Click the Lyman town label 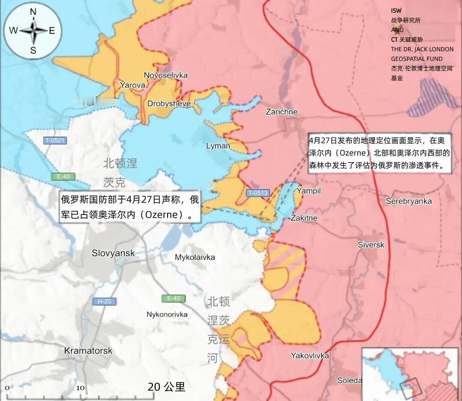tap(218, 146)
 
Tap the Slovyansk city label tap(113, 253)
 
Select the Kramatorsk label tap(88, 350)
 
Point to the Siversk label tap(371, 245)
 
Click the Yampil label tap(309, 191)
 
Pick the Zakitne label tap(304, 218)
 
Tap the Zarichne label tap(282, 112)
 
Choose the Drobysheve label tap(169, 104)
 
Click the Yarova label tap(133, 85)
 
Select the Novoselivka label tap(166, 75)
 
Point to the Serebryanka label tap(409, 201)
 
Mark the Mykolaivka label tap(195, 257)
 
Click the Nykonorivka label tap(167, 314)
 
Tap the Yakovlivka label tap(310, 356)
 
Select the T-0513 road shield tap(258, 193)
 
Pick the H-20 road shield tap(104, 302)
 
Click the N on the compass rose tap(33, 12)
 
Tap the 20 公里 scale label tap(166, 387)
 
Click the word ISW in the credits tap(396, 11)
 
